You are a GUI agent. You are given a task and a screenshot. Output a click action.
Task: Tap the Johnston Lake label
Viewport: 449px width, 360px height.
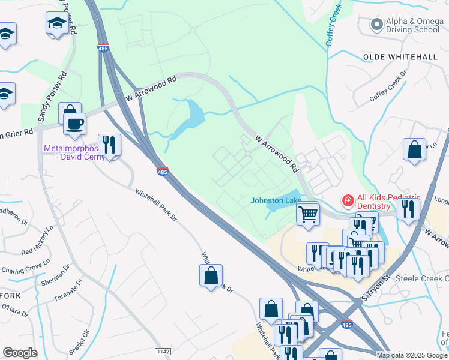coord(276,200)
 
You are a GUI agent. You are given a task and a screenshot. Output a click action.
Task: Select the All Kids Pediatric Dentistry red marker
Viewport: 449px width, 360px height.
coord(347,200)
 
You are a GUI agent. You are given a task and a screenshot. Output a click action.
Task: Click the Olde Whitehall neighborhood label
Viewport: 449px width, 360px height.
coord(400,56)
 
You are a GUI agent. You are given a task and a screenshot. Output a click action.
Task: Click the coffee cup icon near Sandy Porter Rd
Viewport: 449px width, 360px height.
coord(75,124)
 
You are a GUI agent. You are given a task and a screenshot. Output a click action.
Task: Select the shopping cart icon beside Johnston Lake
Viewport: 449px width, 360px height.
coord(307,212)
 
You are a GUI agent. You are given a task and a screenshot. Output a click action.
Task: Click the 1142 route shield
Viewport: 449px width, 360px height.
coord(162,352)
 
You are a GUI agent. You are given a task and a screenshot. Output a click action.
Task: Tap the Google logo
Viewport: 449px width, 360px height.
coord(20,353)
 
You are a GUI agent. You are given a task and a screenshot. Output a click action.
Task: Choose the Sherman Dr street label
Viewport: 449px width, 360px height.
coord(55,274)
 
